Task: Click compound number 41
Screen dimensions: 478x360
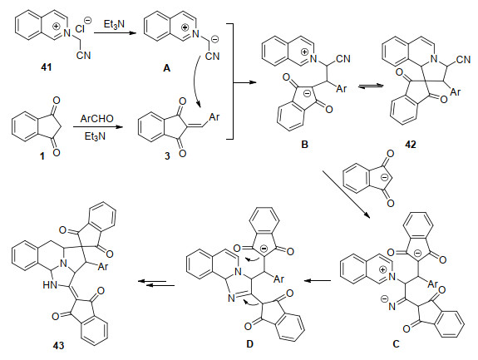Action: click(47, 67)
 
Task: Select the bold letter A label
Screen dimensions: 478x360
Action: click(166, 68)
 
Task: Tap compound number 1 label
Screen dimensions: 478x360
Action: click(42, 156)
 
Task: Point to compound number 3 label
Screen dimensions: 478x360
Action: click(167, 156)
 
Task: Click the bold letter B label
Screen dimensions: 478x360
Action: click(304, 144)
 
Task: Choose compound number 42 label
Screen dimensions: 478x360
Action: click(411, 144)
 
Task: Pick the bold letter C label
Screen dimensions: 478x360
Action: click(396, 344)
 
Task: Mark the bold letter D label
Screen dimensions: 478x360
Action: click(249, 344)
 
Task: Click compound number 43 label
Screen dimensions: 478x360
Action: click(58, 345)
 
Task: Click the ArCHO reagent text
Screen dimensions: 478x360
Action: click(97, 119)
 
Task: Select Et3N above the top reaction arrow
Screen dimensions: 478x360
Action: click(114, 24)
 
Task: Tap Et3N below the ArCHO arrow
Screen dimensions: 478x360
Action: click(95, 136)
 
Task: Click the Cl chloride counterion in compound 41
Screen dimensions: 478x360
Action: click(80, 29)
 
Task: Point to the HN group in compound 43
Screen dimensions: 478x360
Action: click(51, 285)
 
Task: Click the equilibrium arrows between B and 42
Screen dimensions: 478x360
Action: click(371, 86)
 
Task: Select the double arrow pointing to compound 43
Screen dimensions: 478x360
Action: click(156, 284)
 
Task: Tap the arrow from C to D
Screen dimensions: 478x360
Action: click(318, 280)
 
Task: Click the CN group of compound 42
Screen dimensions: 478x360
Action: click(463, 59)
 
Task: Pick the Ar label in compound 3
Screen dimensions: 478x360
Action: click(214, 116)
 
